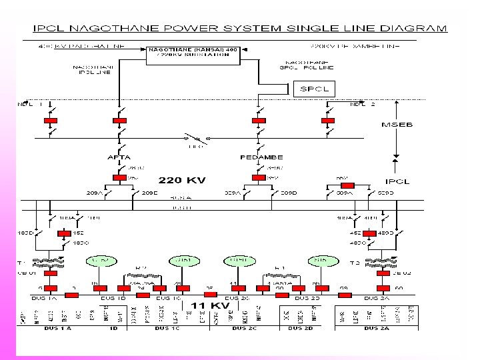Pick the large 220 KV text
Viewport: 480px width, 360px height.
(x=181, y=179)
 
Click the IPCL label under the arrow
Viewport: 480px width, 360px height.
(x=398, y=181)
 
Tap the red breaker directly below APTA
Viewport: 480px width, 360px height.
(x=119, y=177)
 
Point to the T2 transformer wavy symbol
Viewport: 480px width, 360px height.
(x=385, y=261)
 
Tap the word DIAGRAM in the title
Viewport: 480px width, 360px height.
(x=419, y=28)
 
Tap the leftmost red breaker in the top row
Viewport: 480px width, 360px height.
(x=50, y=121)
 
